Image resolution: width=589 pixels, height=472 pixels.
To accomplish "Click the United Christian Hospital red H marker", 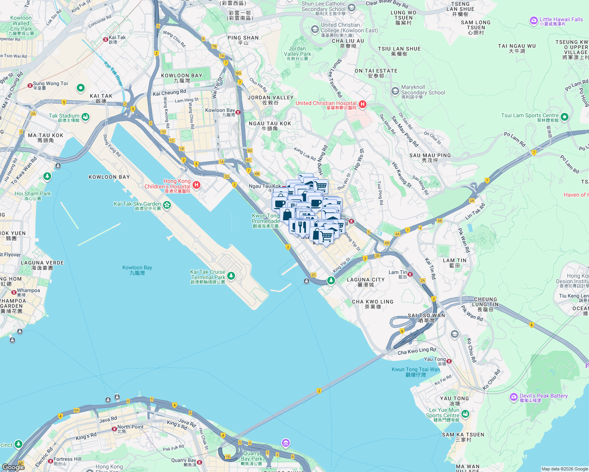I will pyautogui.click(x=363, y=105).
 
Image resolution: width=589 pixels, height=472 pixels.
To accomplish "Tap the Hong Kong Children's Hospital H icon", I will pyautogui.click(x=196, y=184).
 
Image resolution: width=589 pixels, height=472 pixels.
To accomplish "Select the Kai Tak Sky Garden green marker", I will pyautogui.click(x=167, y=205).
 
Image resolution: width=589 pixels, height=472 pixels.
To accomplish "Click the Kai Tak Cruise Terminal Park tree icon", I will pyautogui.click(x=231, y=276).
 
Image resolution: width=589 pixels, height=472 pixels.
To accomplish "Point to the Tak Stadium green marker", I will pyautogui.click(x=85, y=117).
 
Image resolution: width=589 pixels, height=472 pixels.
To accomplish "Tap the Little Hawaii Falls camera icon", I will pyautogui.click(x=533, y=20).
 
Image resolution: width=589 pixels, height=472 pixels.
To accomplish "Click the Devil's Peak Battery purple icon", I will pyautogui.click(x=513, y=397).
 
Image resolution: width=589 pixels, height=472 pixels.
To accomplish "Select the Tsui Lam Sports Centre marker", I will pyautogui.click(x=564, y=117).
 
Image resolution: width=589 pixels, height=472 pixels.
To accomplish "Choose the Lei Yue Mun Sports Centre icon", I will pyautogui.click(x=465, y=414).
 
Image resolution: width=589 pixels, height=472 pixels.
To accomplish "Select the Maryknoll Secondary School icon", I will pyautogui.click(x=395, y=91).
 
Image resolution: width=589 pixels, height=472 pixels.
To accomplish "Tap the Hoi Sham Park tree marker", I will pyautogui.click(x=47, y=177).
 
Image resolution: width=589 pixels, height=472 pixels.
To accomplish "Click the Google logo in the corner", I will pyautogui.click(x=13, y=467).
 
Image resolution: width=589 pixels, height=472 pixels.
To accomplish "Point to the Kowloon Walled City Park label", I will pyautogui.click(x=21, y=26).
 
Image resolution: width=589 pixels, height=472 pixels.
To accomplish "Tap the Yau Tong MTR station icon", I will pyautogui.click(x=449, y=361).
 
